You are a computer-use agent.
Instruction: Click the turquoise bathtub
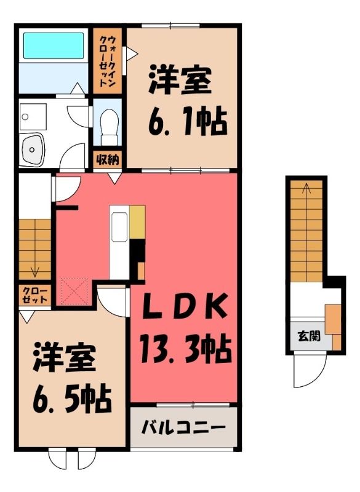coord(54,46)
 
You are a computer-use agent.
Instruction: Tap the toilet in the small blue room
coord(109,127)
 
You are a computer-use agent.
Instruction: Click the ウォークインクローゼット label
coord(108,61)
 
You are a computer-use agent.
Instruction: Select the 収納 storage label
coord(107,160)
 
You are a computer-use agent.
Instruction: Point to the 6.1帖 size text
coord(187,121)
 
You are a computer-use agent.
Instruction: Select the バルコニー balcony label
coord(183,427)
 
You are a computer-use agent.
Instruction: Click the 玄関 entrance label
coord(309,336)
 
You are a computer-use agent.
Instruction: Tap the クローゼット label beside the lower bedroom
coord(34,295)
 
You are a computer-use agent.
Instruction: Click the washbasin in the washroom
coord(32,149)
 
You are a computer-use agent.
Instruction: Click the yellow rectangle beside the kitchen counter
coord(137,222)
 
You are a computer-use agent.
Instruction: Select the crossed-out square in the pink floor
coord(74,292)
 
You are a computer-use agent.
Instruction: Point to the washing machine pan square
coord(33,117)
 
